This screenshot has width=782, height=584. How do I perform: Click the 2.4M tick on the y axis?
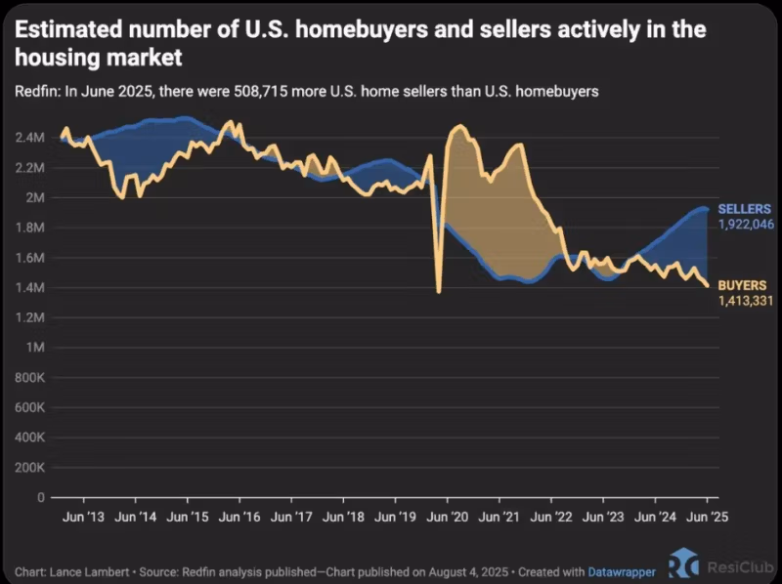[x=29, y=138]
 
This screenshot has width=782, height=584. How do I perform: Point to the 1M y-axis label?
[x=35, y=348]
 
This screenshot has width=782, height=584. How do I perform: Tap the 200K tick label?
[x=29, y=468]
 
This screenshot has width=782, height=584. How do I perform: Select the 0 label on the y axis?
[x=42, y=497]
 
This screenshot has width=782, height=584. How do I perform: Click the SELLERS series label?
[x=745, y=209]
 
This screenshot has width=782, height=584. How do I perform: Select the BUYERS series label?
[x=742, y=284]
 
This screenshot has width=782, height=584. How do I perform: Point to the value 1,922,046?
[x=747, y=224]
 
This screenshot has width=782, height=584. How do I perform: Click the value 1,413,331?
[x=746, y=299]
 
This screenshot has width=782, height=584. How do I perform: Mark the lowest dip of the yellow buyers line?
[x=439, y=291]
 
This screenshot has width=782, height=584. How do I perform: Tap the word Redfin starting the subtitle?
[x=35, y=92]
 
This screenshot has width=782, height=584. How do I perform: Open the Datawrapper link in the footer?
[x=621, y=570]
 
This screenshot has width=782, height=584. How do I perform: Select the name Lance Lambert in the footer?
[x=85, y=570]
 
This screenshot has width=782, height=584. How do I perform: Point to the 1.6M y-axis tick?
[x=29, y=258]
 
